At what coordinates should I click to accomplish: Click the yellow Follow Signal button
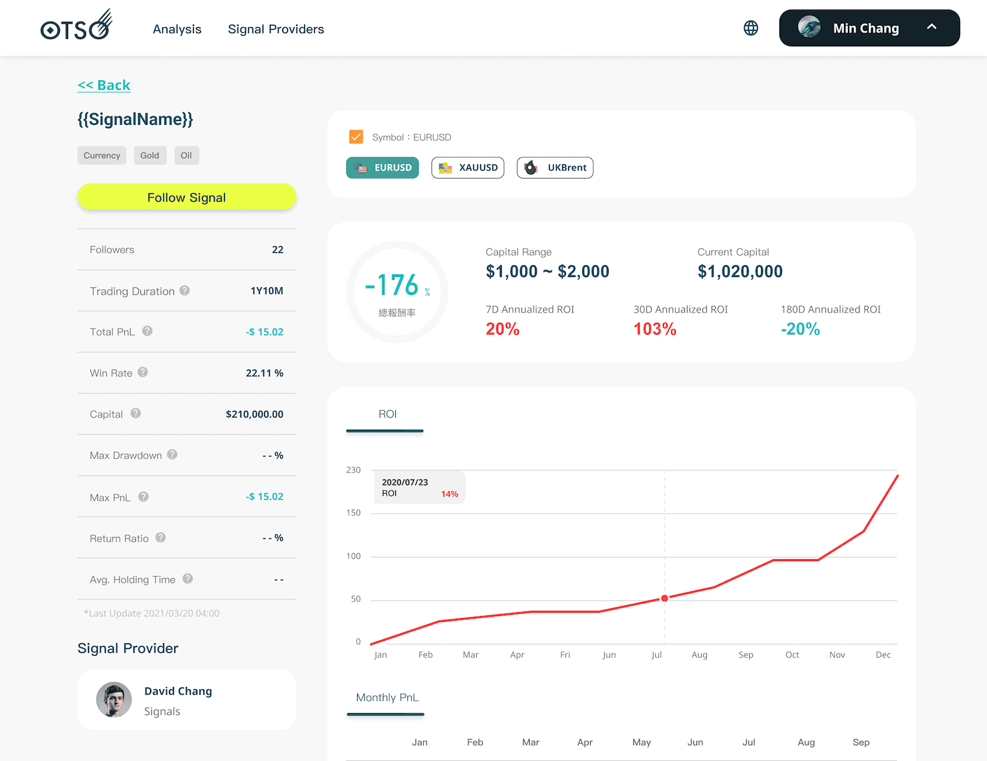click(186, 197)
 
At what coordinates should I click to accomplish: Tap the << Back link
click(104, 85)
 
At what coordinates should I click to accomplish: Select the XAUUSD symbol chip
click(468, 168)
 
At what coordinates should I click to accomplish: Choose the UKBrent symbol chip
click(555, 168)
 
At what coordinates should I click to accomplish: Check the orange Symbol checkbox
click(356, 137)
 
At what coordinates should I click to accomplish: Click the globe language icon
click(751, 28)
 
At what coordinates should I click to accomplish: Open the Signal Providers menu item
click(276, 29)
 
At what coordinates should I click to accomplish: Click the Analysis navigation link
click(177, 29)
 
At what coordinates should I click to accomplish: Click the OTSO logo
click(76, 26)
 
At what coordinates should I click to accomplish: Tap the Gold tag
click(149, 155)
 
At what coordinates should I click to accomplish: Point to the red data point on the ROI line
click(664, 599)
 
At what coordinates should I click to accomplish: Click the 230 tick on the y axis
click(353, 470)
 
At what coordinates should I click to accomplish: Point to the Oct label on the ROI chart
click(792, 655)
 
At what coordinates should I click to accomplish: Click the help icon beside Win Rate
click(143, 372)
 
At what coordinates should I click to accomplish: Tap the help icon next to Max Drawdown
click(172, 455)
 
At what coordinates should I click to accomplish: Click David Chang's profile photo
click(114, 700)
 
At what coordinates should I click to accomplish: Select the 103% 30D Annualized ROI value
click(655, 329)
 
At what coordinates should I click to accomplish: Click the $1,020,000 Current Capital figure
click(740, 272)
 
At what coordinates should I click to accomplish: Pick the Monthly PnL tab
click(387, 698)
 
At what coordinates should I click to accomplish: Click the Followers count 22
click(277, 250)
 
